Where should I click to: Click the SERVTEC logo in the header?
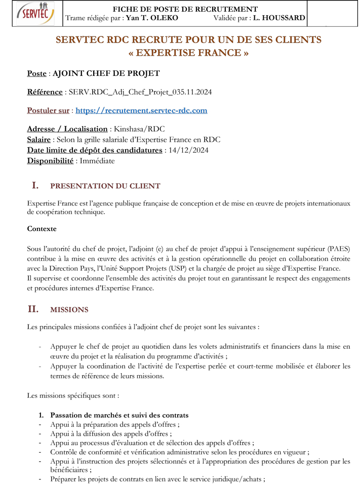pyautogui.click(x=35, y=14)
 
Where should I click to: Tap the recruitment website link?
pyautogui.click(x=141, y=110)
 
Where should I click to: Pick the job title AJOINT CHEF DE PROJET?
pyautogui.click(x=106, y=73)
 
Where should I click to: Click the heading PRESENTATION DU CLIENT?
pyautogui.click(x=105, y=186)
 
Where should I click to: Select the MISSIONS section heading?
pyautogui.click(x=69, y=309)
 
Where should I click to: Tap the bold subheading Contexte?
pyautogui.click(x=42, y=229)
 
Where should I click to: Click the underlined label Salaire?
pyautogui.click(x=38, y=140)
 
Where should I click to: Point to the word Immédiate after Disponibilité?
pyautogui.click(x=95, y=161)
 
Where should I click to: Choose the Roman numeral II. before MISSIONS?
pyautogui.click(x=33, y=309)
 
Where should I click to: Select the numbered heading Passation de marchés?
pyautogui.click(x=119, y=416)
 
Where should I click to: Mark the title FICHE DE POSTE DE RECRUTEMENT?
pyautogui.click(x=185, y=9)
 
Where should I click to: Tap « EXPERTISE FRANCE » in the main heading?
pyautogui.click(x=188, y=53)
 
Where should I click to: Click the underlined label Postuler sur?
pyautogui.click(x=48, y=110)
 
